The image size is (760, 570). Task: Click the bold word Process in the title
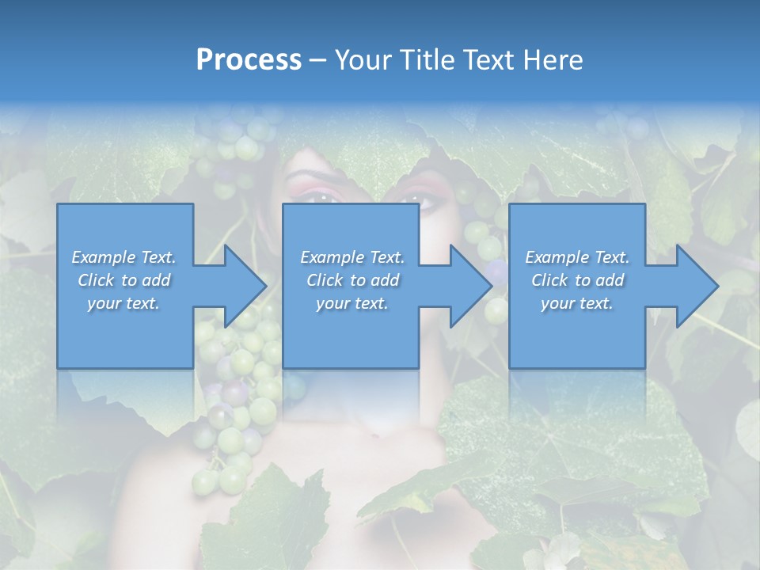click(x=249, y=59)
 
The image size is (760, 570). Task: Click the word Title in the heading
click(x=430, y=59)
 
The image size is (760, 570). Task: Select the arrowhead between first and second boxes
click(x=241, y=286)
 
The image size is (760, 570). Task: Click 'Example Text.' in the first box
click(x=123, y=257)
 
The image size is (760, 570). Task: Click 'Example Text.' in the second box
click(x=351, y=257)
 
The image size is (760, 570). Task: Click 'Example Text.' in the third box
click(x=576, y=257)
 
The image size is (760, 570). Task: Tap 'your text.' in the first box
click(x=123, y=303)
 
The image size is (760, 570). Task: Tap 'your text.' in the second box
click(x=351, y=303)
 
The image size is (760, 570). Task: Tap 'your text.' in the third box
click(x=576, y=303)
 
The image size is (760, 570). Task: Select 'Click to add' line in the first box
click(x=123, y=280)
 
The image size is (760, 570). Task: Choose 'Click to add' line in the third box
click(x=576, y=280)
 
